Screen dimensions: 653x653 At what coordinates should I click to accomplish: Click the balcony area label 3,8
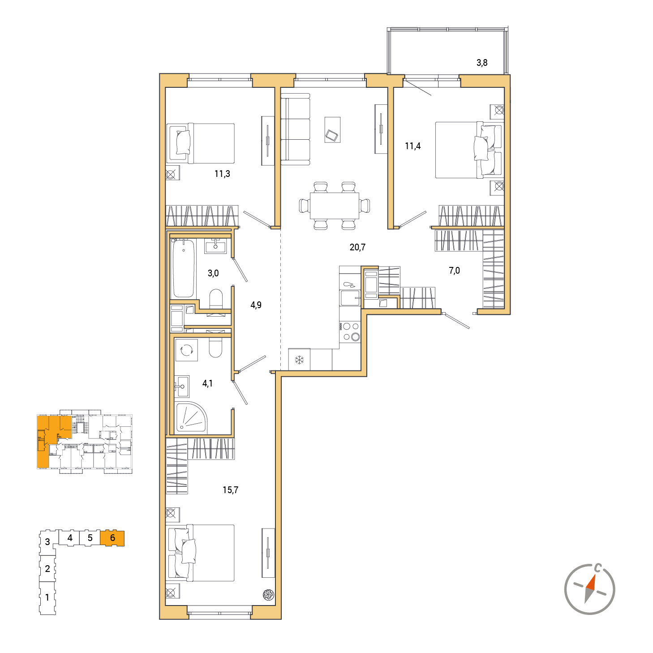pyautogui.click(x=481, y=63)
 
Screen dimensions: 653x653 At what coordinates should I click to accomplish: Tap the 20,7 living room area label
pyautogui.click(x=357, y=247)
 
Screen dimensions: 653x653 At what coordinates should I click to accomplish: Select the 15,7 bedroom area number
pyautogui.click(x=230, y=490)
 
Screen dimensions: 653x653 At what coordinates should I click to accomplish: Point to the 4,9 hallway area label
pyautogui.click(x=256, y=305)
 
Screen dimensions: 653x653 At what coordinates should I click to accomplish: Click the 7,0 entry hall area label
pyautogui.click(x=454, y=271)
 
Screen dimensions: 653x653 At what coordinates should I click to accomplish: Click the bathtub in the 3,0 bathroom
pyautogui.click(x=184, y=268)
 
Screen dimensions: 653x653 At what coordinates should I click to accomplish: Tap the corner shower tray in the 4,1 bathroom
pyautogui.click(x=191, y=417)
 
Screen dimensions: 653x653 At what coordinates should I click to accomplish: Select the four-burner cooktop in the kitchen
pyautogui.click(x=350, y=331)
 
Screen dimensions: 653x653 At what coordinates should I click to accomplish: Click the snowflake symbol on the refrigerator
pyautogui.click(x=299, y=360)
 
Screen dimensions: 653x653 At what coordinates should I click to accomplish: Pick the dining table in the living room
pyautogui.click(x=334, y=206)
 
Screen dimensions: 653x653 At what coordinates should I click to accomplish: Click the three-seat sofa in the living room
pyautogui.click(x=295, y=129)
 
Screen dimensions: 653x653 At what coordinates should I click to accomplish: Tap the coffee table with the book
pyautogui.click(x=332, y=130)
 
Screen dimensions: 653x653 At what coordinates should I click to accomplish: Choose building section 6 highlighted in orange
pyautogui.click(x=112, y=538)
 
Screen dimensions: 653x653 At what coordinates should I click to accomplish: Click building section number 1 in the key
pyautogui.click(x=47, y=597)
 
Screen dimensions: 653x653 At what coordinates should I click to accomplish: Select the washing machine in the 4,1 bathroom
pyautogui.click(x=186, y=350)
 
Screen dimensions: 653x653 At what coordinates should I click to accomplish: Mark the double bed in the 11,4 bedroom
pyautogui.click(x=469, y=150)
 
